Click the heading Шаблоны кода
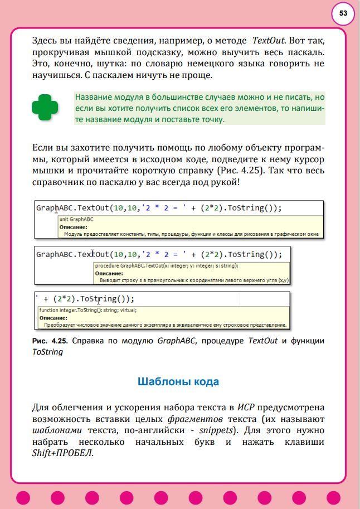pos(178,382)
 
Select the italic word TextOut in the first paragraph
pos(269,41)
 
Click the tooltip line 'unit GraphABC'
pos(76,220)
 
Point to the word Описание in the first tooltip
pos(73,227)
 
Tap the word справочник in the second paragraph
pos(60,182)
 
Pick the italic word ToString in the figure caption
pos(48,352)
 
